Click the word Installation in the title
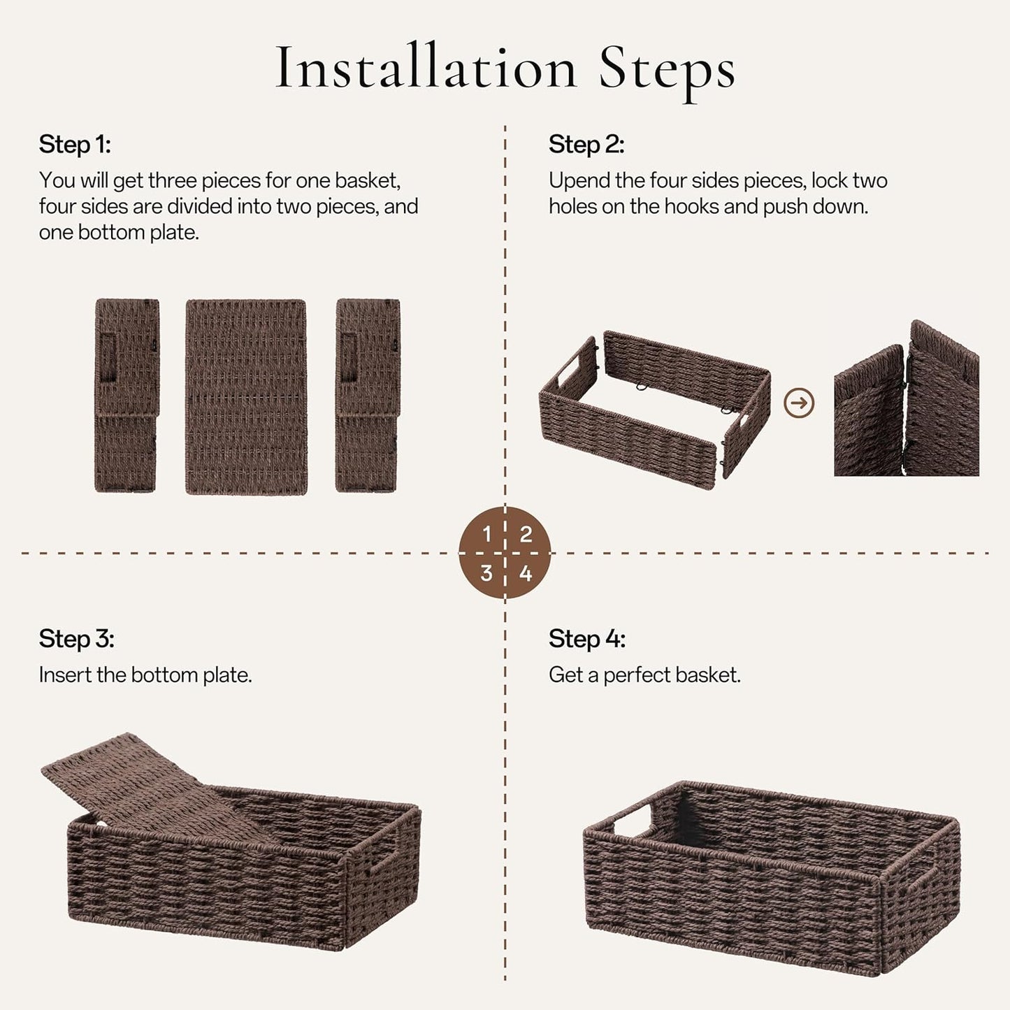click(426, 68)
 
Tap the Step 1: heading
click(75, 145)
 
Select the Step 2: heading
click(586, 145)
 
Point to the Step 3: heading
click(76, 639)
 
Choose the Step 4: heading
click(586, 639)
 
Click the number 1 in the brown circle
click(487, 535)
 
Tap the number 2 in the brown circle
click(526, 535)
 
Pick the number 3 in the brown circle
click(486, 574)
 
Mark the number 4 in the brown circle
click(526, 574)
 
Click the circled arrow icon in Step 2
click(799, 403)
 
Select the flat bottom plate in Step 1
click(246, 396)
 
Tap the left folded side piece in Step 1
click(127, 395)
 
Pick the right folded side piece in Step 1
click(368, 395)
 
